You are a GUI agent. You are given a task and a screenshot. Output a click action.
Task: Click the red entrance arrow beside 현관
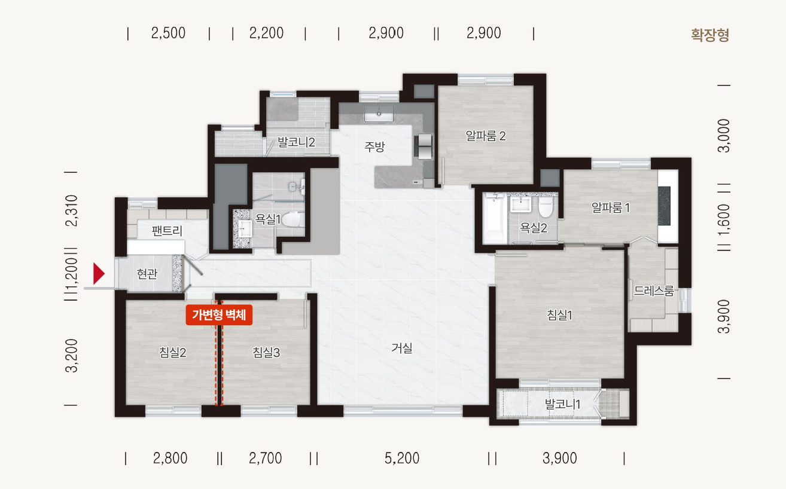pyautogui.click(x=99, y=273)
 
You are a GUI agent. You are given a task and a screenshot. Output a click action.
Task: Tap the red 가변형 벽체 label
pyautogui.click(x=219, y=314)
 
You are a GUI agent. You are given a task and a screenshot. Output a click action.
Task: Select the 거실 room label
pyautogui.click(x=402, y=348)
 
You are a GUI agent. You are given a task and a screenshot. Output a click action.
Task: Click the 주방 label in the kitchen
pyautogui.click(x=374, y=146)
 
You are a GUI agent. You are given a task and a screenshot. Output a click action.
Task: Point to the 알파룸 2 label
pyautogui.click(x=486, y=136)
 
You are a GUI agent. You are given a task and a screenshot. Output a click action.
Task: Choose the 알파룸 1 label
pyautogui.click(x=611, y=207)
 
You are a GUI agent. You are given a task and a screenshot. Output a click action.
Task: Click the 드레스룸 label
pyautogui.click(x=654, y=291)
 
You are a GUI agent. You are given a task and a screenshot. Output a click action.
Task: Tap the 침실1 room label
pyautogui.click(x=559, y=315)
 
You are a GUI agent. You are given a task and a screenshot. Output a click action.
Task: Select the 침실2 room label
pyautogui.click(x=172, y=352)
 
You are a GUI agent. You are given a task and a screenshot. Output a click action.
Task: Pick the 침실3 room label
pyautogui.click(x=266, y=352)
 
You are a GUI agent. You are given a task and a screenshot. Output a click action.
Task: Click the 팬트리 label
pyautogui.click(x=167, y=231)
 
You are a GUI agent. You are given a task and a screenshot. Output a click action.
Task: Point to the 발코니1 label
pyautogui.click(x=562, y=404)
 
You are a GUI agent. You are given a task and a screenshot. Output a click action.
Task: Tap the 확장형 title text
pyautogui.click(x=710, y=35)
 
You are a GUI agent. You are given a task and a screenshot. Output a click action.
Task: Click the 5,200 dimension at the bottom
pyautogui.click(x=402, y=458)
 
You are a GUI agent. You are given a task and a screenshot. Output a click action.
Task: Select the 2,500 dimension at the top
pyautogui.click(x=168, y=33)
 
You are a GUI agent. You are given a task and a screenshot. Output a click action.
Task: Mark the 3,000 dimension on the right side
pyautogui.click(x=724, y=136)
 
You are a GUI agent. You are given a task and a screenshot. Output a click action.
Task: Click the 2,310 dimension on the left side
pyautogui.click(x=71, y=211)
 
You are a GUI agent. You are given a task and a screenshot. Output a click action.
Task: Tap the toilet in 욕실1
pyautogui.click(x=293, y=219)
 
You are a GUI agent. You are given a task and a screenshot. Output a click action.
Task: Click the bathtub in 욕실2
pyautogui.click(x=494, y=218)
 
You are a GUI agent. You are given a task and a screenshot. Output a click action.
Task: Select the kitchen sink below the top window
pyautogui.click(x=379, y=114)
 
